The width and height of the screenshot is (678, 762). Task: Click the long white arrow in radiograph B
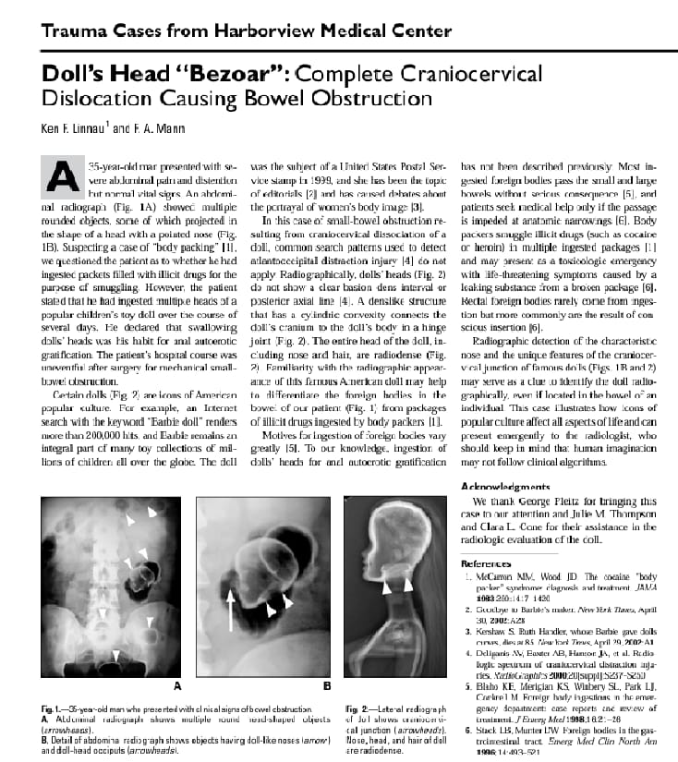(231, 609)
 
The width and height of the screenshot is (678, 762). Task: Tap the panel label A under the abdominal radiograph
(177, 687)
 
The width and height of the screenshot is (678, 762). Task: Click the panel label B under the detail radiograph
(327, 687)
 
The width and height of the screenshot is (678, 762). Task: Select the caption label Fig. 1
(52, 708)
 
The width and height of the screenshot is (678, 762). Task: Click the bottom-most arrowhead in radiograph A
(115, 655)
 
